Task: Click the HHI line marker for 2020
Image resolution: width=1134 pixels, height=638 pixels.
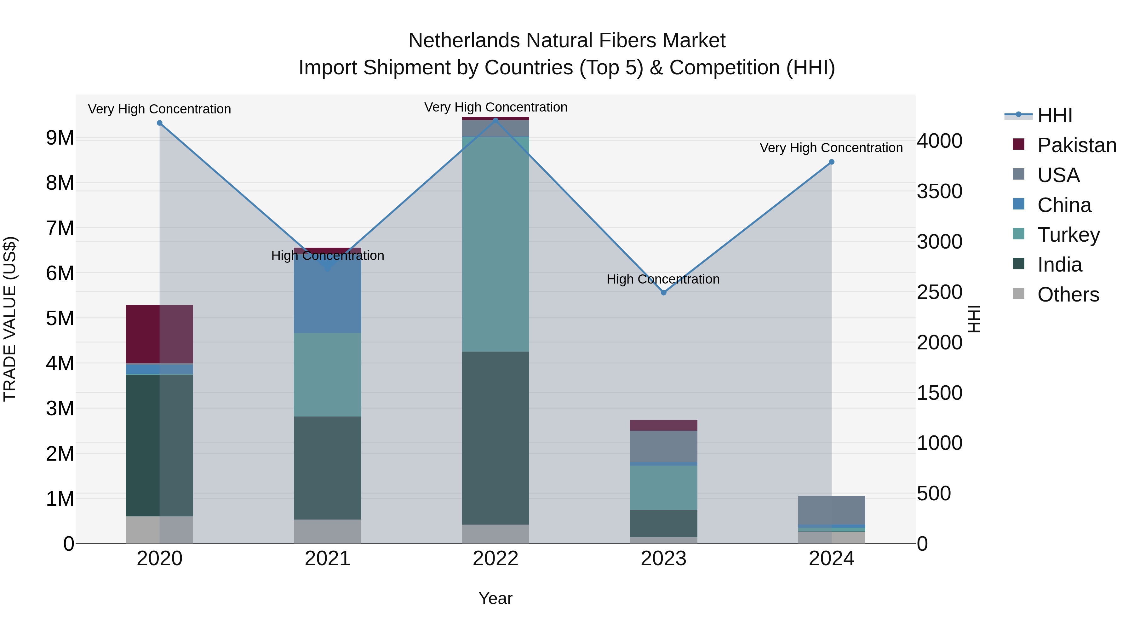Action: (x=159, y=123)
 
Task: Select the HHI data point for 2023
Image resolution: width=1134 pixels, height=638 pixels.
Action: (x=663, y=293)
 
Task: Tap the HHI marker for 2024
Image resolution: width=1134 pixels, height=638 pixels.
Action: (x=832, y=162)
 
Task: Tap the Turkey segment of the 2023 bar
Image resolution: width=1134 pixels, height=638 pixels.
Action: (x=663, y=487)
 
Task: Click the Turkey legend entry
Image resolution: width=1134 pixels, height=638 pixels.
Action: (x=1068, y=235)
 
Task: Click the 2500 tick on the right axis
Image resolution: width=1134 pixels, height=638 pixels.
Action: (x=939, y=292)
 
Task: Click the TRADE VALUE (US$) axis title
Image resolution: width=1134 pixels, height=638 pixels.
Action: (x=10, y=319)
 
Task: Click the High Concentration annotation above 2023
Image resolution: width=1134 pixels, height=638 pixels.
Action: (x=663, y=279)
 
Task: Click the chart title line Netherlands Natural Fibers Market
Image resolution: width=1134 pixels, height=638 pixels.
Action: (x=567, y=41)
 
